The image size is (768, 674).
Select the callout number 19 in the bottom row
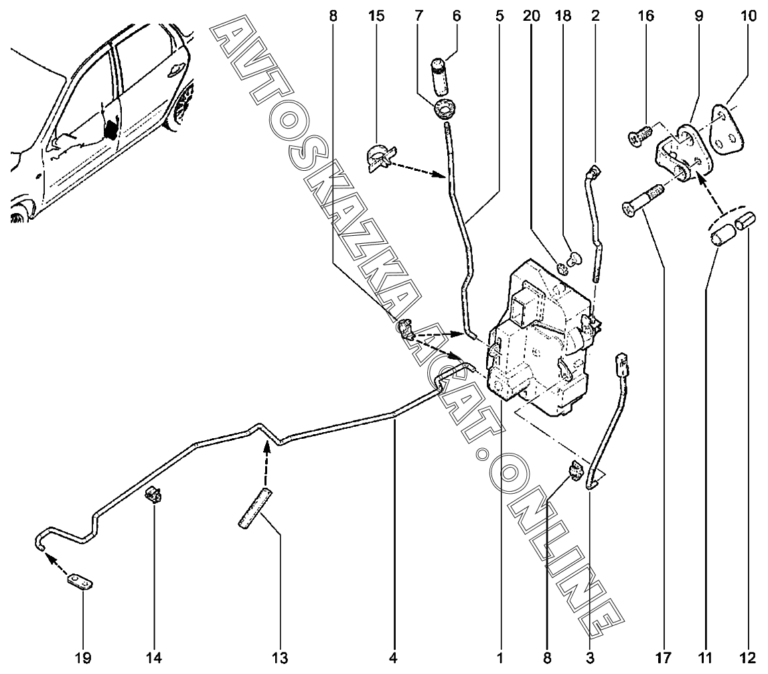82,658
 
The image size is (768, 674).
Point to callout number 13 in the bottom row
281,658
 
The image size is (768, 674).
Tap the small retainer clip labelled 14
156,496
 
